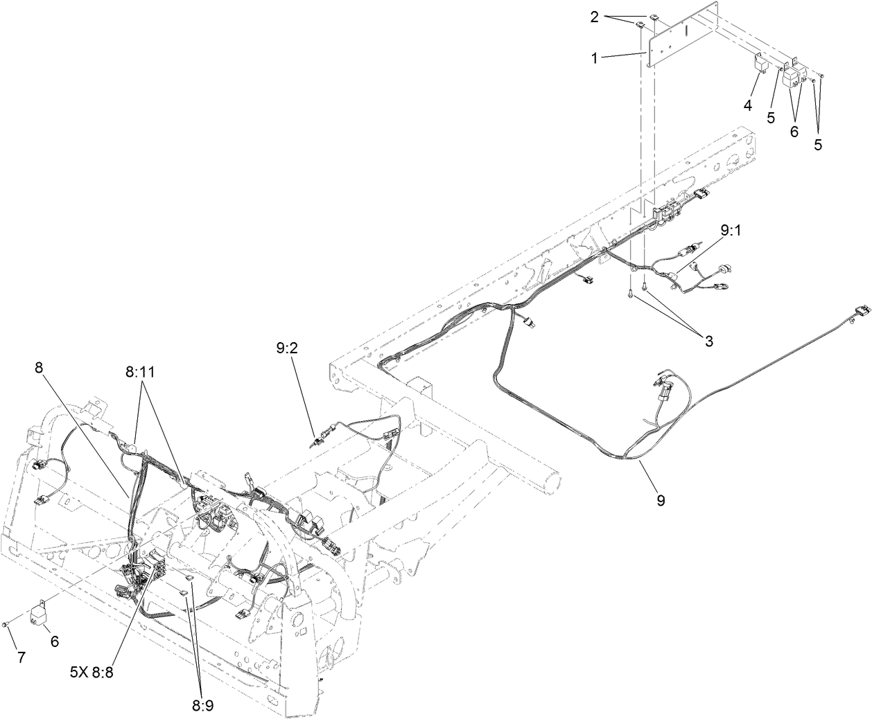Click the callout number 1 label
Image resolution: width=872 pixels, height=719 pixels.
coord(593,58)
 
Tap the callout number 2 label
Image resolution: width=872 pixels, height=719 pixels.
coord(594,17)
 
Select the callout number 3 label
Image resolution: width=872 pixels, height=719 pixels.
coord(708,341)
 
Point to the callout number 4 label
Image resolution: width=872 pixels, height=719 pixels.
coord(748,106)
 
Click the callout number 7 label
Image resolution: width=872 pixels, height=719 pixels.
coord(21,657)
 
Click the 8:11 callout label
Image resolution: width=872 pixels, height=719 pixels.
coord(141,372)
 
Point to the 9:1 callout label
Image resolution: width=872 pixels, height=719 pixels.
coord(731,232)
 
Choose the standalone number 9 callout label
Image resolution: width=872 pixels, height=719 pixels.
coord(660,499)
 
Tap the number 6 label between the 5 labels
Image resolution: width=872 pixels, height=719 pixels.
coord(794,131)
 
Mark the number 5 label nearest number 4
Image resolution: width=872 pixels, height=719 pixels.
coord(771,118)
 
